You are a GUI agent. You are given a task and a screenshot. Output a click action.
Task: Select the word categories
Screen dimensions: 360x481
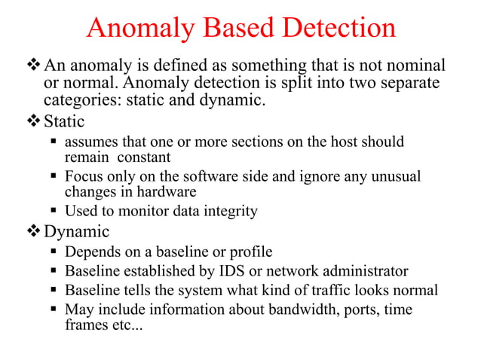(x=80, y=99)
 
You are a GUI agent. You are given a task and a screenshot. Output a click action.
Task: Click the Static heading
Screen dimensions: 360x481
(x=64, y=121)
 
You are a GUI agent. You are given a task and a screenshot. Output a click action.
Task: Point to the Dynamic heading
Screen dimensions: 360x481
(x=77, y=231)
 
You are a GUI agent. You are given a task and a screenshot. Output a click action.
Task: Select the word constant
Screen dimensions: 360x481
(x=142, y=157)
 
